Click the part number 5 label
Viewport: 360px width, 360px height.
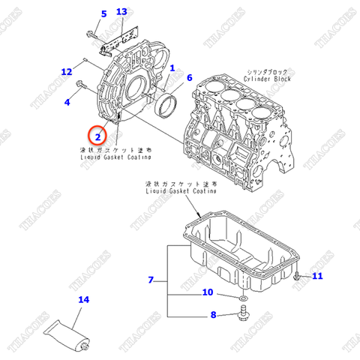(x=103, y=13)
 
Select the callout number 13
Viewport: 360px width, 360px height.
(x=122, y=12)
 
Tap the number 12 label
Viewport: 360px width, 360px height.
(x=67, y=72)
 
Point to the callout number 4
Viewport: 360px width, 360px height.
(x=67, y=101)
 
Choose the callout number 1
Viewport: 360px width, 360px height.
(x=172, y=67)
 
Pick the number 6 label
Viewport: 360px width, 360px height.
(x=189, y=78)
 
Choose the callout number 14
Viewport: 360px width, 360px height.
(x=84, y=300)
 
